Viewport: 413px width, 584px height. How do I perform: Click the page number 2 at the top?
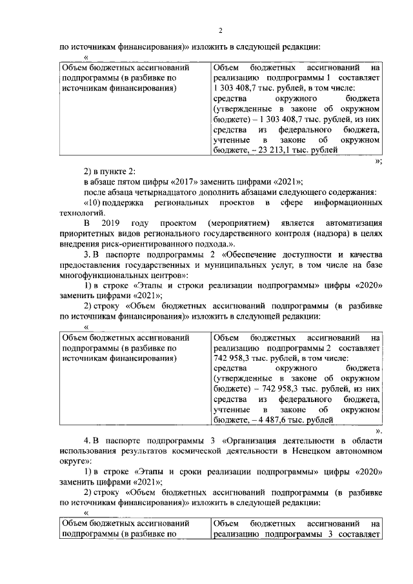click(x=220, y=30)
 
